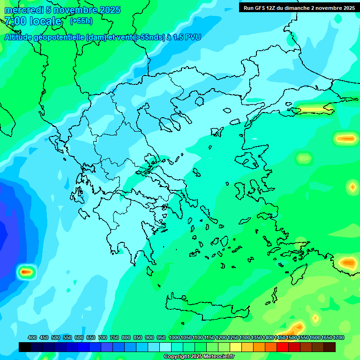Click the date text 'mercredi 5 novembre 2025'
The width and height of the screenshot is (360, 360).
click(x=62, y=10)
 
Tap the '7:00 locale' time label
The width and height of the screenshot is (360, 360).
click(x=33, y=21)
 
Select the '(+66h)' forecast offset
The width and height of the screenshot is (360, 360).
click(x=81, y=21)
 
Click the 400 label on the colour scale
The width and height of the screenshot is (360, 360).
click(x=32, y=337)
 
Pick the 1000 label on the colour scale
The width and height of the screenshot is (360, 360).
click(x=174, y=337)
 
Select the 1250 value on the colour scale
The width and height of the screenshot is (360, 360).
click(x=233, y=337)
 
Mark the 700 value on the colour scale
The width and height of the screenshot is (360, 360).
click(x=103, y=337)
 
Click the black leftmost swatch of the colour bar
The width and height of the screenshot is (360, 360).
click(x=25, y=347)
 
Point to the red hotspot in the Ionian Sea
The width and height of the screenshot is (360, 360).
click(x=26, y=271)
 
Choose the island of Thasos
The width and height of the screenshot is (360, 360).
click(x=199, y=101)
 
